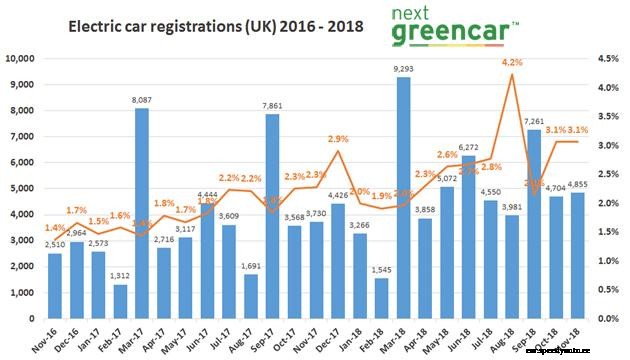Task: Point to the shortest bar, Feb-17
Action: [120, 301]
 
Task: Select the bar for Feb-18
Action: [383, 298]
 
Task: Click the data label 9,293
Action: [404, 69]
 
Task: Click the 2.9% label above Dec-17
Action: [338, 139]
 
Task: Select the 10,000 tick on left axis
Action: [22, 58]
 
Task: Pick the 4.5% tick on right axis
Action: [612, 58]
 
